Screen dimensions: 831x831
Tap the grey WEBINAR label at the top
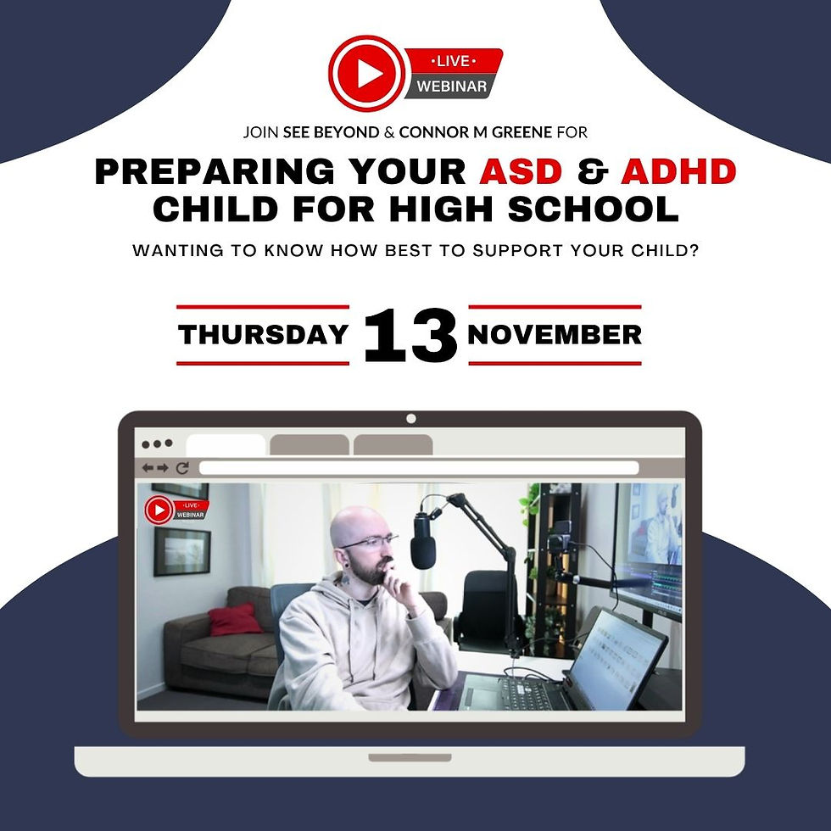pos(451,86)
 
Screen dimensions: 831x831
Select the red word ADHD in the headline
pos(678,171)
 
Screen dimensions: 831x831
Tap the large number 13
pos(410,336)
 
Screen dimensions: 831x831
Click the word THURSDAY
pos(263,334)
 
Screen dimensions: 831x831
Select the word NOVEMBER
pos(555,334)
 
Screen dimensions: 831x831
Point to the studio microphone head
pos(422,543)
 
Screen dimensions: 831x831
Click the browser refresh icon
pos(182,467)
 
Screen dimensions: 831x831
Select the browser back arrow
pos(148,467)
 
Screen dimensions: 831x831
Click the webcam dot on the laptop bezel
pos(411,418)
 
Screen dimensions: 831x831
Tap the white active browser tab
pos(226,444)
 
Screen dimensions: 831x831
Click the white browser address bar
pos(418,467)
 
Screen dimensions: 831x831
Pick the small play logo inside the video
pos(159,510)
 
